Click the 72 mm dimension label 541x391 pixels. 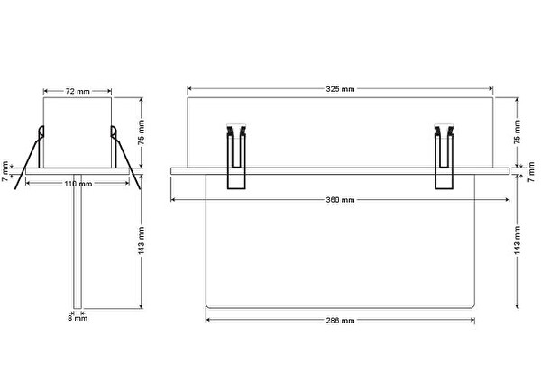click(x=78, y=91)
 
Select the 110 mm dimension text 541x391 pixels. click(x=78, y=184)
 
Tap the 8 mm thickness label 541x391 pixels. click(x=78, y=318)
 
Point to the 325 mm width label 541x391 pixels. click(x=340, y=89)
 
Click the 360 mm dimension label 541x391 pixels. click(x=340, y=200)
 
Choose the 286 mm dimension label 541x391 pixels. click(x=340, y=321)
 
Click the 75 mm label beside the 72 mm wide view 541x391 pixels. click(x=142, y=132)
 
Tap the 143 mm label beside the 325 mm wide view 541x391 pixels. click(x=518, y=241)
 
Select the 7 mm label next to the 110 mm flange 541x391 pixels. click(x=5, y=172)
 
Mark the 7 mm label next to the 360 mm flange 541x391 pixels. click(x=531, y=172)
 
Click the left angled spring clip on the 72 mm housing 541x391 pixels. click(x=31, y=157)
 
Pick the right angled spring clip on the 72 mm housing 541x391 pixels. click(x=124, y=157)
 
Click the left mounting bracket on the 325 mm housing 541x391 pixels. click(x=236, y=157)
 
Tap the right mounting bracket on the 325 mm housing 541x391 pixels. click(x=444, y=157)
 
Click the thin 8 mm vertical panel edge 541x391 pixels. click(x=78, y=241)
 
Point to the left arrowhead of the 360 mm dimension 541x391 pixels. click(x=173, y=200)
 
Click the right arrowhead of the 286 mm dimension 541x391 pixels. click(x=472, y=321)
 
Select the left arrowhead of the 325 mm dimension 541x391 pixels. click(x=189, y=89)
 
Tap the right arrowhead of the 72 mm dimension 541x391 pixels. click(x=109, y=91)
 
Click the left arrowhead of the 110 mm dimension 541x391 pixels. click(x=28, y=184)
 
